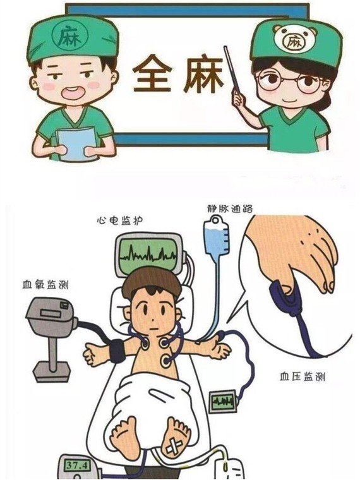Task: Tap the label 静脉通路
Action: (x=224, y=207)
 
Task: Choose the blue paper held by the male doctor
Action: (x=76, y=143)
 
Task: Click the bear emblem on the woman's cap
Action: (x=292, y=40)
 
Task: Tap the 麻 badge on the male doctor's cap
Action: (x=66, y=35)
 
